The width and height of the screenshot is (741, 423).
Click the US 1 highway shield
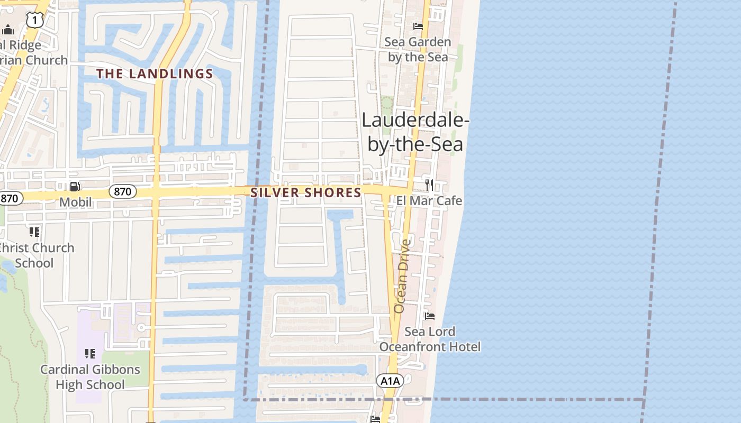[x=35, y=20]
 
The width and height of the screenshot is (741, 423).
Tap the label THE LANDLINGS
[x=155, y=74]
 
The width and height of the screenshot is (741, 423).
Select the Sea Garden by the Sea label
[x=418, y=49]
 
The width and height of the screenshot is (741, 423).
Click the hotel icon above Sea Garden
[x=418, y=26]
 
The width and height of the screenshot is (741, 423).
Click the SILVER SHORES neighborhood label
[x=306, y=193]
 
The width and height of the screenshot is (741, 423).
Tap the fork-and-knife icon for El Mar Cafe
[x=429, y=185]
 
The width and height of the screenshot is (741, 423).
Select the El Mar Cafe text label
[x=429, y=201]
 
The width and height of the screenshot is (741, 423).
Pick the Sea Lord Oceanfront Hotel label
[x=430, y=339]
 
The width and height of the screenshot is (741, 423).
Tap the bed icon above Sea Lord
[x=430, y=316]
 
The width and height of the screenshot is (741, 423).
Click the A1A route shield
[x=390, y=381]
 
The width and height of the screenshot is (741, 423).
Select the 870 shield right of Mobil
[x=122, y=191]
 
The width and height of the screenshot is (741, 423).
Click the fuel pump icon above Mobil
[x=75, y=186]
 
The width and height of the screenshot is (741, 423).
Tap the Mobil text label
[x=75, y=202]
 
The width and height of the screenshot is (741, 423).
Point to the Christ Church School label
[x=36, y=255]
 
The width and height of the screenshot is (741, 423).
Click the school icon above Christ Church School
[x=34, y=232]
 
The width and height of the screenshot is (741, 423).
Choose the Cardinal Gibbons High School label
[x=90, y=377]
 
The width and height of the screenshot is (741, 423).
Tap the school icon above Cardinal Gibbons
[x=90, y=353]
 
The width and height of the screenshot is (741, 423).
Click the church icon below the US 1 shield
[x=7, y=29]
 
